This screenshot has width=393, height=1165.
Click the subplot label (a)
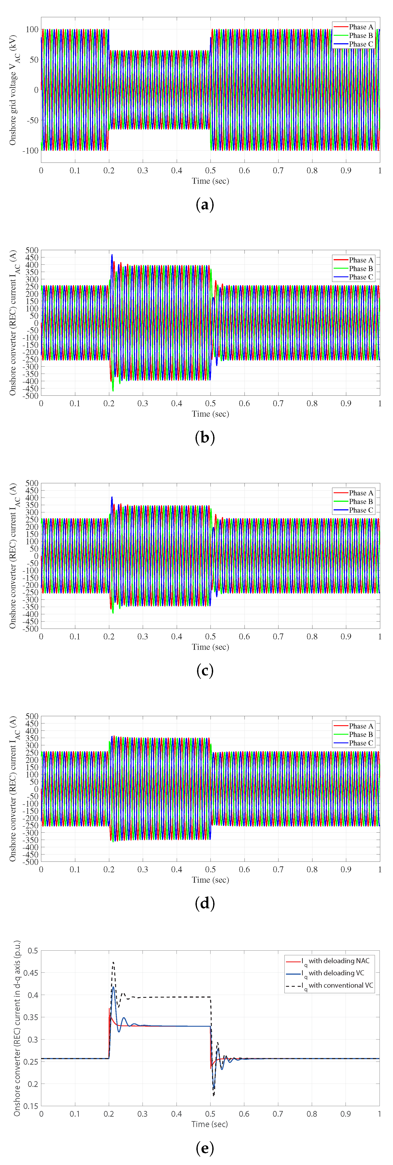pyautogui.click(x=204, y=205)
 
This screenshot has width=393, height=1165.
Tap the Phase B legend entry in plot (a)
pyautogui.click(x=360, y=36)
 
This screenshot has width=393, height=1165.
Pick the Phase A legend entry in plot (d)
pyautogui.click(x=360, y=726)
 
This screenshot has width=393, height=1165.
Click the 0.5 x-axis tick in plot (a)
pyautogui.click(x=210, y=170)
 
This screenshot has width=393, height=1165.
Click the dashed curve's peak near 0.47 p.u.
pyautogui.click(x=113, y=962)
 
